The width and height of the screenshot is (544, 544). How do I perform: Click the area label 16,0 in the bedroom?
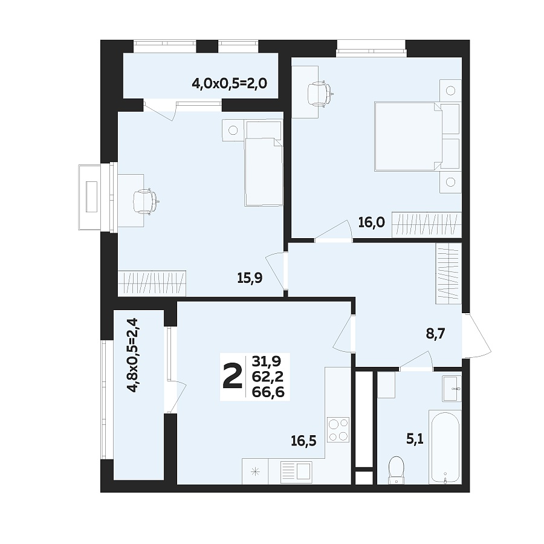[x=371, y=222]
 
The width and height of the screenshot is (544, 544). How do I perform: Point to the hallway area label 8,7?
[x=435, y=334]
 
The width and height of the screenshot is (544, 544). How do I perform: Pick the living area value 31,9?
[x=268, y=362]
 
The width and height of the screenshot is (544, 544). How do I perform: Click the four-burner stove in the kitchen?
[x=338, y=430]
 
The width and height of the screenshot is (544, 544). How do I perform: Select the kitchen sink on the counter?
[x=296, y=471]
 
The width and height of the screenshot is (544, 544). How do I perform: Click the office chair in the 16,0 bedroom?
[x=319, y=94]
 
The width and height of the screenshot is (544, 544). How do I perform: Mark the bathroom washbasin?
[x=451, y=387]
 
